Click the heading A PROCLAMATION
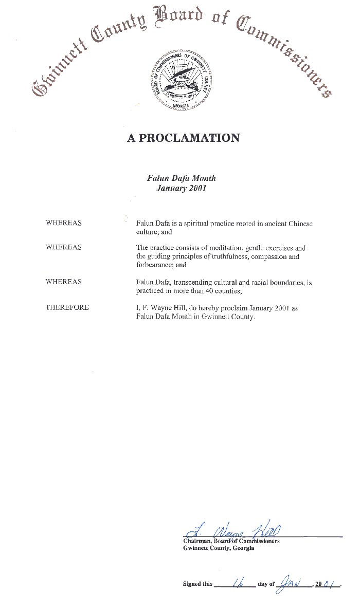pyautogui.click(x=184, y=138)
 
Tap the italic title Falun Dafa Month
pyautogui.click(x=182, y=178)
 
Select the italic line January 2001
pyautogui.click(x=181, y=188)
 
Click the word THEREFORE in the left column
pyautogui.click(x=67, y=307)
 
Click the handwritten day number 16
pyautogui.click(x=239, y=582)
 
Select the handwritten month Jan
pyautogui.click(x=291, y=582)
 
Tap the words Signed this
pyautogui.click(x=197, y=584)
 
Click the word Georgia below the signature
pyautogui.click(x=243, y=548)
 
